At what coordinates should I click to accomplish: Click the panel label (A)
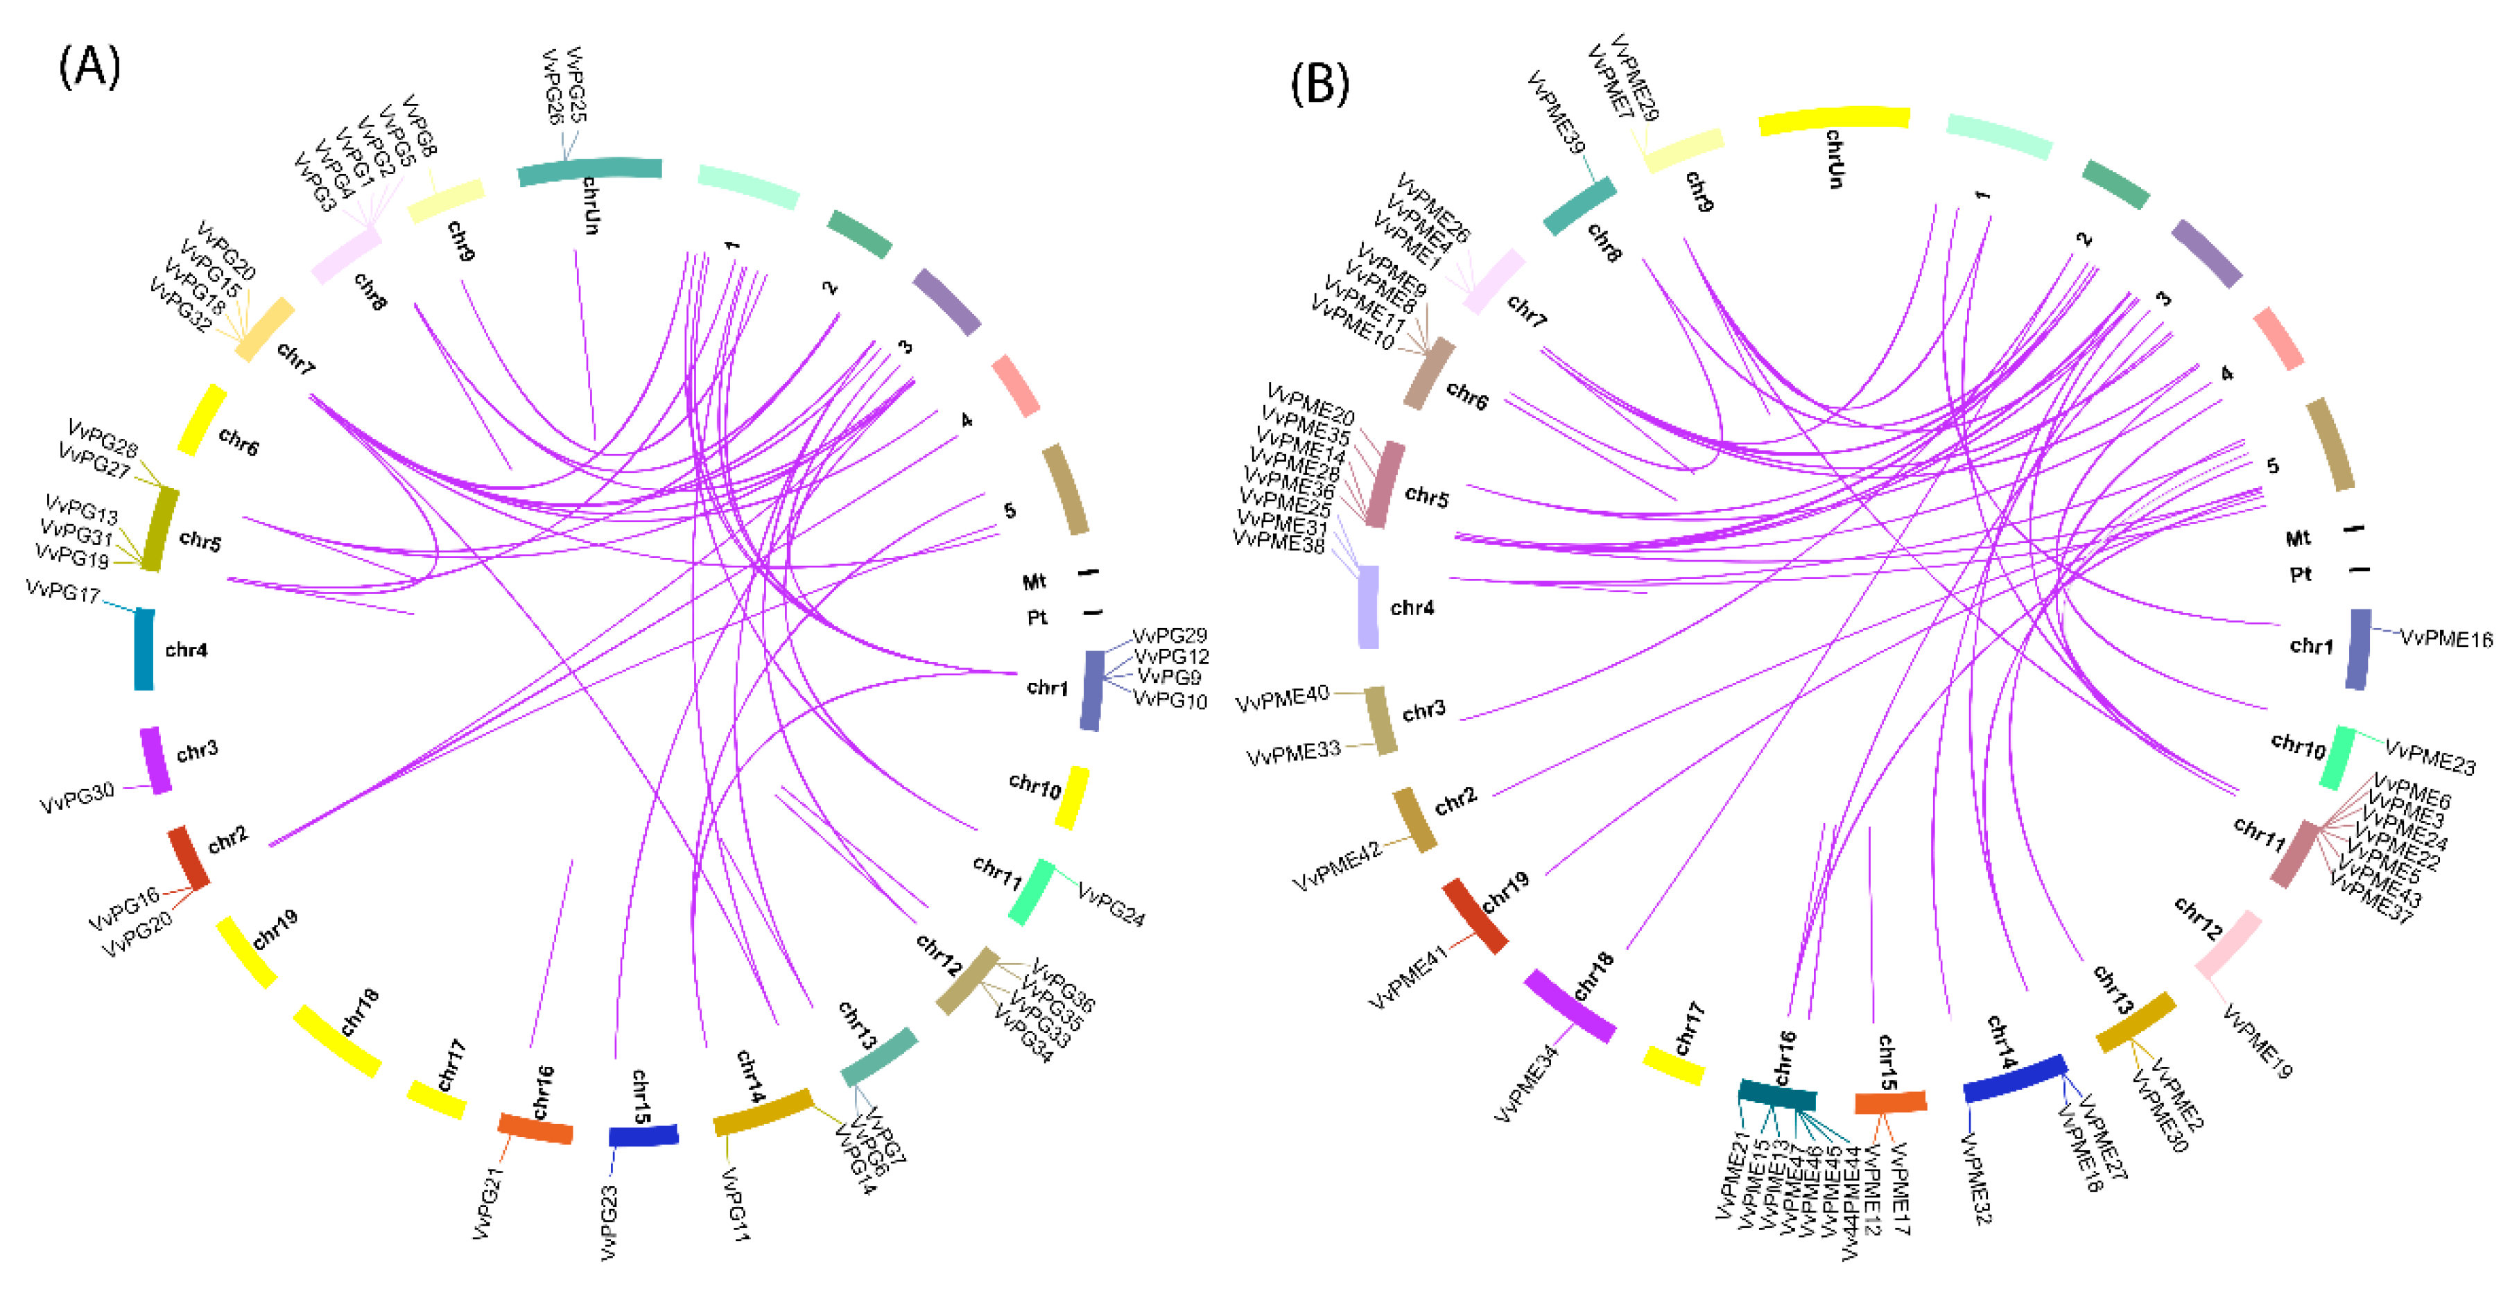(x=90, y=69)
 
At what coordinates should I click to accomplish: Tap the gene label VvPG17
(x=62, y=591)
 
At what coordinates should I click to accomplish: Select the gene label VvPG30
(x=77, y=797)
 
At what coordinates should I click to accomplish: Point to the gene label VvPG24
(x=1111, y=904)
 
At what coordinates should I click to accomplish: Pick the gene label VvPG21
(x=488, y=1204)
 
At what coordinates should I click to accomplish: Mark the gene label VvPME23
(x=2430, y=756)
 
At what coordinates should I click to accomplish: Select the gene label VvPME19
(x=2257, y=1042)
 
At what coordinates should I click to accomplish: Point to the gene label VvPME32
(x=1975, y=1178)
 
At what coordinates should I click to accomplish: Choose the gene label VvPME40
(x=1283, y=699)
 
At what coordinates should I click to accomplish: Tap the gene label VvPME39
(x=1556, y=112)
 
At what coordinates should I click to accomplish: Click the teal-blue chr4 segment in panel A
(x=144, y=649)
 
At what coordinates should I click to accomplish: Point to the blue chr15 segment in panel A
(x=643, y=1135)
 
